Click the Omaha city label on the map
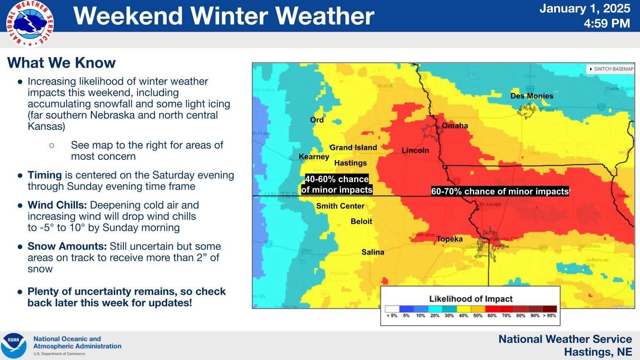click(x=455, y=125)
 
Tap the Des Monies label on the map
click(x=532, y=96)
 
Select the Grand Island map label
click(x=353, y=147)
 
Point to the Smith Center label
click(x=340, y=206)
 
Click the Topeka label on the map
click(x=449, y=239)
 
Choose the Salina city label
click(x=372, y=252)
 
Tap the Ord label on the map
click(x=317, y=120)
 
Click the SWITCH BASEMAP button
click(x=611, y=69)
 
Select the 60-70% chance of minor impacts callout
click(x=500, y=192)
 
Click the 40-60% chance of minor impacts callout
click(x=337, y=185)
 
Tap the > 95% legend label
click(x=549, y=315)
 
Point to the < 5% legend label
click(x=392, y=315)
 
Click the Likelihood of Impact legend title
click(x=470, y=299)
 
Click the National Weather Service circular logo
click(x=30, y=23)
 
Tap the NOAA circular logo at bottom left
click(x=14, y=345)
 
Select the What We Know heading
click(x=61, y=63)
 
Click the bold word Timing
click(x=45, y=175)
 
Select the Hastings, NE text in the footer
click(x=597, y=352)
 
